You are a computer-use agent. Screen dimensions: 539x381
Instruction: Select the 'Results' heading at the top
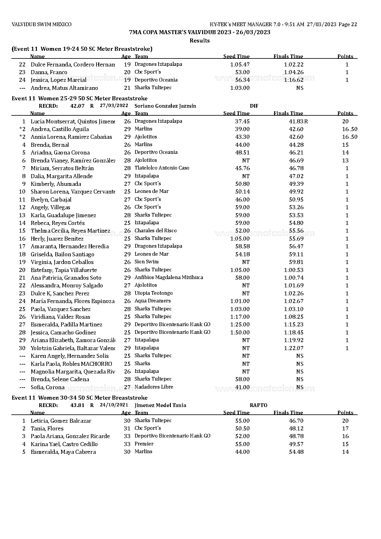199,41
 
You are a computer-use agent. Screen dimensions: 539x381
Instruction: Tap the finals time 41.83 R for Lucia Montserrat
298,122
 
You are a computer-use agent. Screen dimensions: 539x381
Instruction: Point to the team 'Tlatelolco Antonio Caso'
162,168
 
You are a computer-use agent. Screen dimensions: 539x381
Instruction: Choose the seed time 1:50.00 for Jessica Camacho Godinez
240,333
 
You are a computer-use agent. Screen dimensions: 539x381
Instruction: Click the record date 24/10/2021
114,405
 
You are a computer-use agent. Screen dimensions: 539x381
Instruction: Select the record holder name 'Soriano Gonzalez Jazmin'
165,106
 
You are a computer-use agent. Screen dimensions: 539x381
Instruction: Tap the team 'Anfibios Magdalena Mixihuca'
169,277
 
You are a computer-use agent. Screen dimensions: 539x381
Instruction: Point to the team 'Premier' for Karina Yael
144,444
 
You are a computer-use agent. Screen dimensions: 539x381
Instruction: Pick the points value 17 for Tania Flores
345,429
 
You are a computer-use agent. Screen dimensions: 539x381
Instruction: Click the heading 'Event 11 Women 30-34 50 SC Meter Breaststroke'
80,398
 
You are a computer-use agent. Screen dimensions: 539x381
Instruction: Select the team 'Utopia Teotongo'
154,293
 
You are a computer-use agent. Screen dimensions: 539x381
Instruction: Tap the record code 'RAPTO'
258,405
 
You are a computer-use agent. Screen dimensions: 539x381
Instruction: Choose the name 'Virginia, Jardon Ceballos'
62,262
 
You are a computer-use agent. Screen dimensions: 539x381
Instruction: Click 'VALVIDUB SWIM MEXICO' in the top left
41,25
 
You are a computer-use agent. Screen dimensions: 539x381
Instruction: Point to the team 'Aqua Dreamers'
153,301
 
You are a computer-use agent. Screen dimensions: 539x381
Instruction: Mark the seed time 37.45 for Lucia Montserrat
242,122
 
